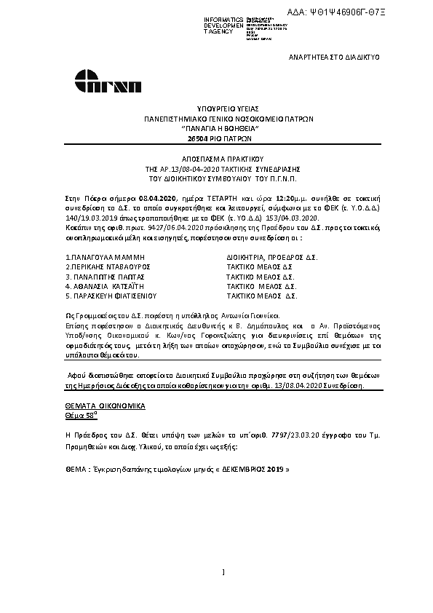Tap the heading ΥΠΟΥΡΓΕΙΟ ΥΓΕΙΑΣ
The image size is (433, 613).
(x=218, y=108)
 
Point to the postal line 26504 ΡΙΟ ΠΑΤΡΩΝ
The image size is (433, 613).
(x=218, y=137)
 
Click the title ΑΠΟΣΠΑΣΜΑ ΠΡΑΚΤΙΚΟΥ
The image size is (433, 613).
(x=218, y=158)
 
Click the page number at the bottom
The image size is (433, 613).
(x=223, y=572)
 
